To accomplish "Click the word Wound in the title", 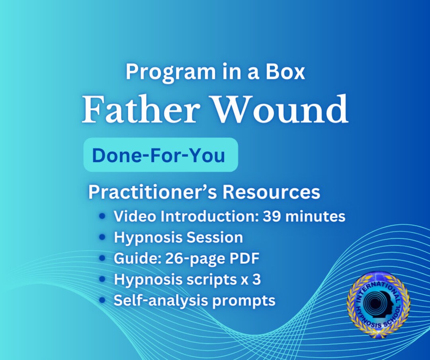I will pos(280,109).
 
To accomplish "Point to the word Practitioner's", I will pos(152,192).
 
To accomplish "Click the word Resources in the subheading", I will pos(271,192).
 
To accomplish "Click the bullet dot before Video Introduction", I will pos(103,216).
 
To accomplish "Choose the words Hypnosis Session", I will pos(178,237).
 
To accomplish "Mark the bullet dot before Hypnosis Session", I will pos(103,237).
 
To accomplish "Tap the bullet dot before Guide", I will pos(103,259).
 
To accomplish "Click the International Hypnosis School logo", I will pos(378,304).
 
